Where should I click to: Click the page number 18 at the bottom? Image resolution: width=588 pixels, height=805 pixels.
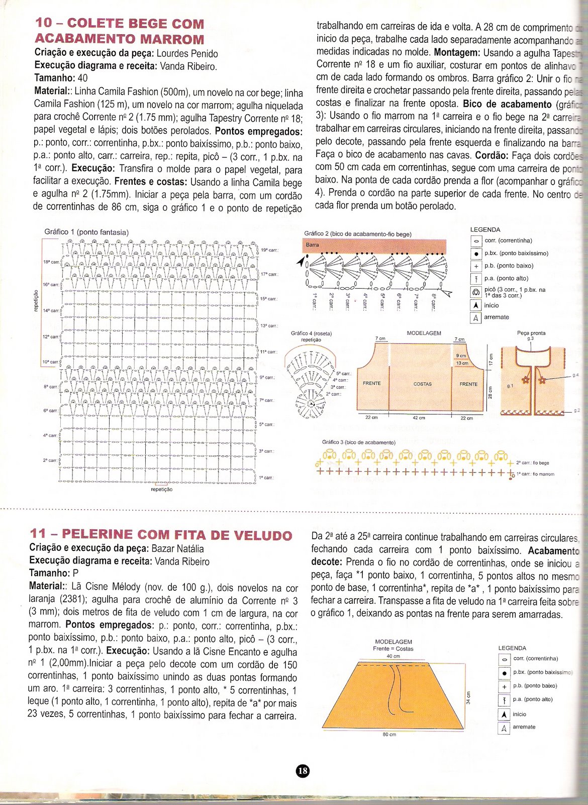[x=303, y=770]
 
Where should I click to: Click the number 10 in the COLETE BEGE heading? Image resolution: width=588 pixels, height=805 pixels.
[x=44, y=23]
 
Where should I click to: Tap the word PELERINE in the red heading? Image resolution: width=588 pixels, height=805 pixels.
[x=97, y=534]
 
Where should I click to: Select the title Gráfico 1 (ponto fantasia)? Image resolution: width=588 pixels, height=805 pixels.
[x=86, y=232]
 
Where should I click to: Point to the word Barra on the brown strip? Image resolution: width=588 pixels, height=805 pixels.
[x=313, y=245]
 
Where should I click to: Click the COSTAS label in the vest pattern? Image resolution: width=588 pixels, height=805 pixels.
[x=423, y=384]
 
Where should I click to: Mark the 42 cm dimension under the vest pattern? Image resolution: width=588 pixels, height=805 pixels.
[x=419, y=418]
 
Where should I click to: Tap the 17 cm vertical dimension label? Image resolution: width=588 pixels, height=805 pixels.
[x=491, y=360]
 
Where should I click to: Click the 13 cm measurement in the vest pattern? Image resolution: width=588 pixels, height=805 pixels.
[x=461, y=363]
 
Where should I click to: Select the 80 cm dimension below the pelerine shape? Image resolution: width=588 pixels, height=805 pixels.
[x=389, y=735]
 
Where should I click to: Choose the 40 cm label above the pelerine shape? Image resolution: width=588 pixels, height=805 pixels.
[x=393, y=656]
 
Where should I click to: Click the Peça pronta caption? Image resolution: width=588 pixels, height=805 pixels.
[x=531, y=333]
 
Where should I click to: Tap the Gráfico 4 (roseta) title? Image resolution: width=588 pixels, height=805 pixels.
[x=311, y=333]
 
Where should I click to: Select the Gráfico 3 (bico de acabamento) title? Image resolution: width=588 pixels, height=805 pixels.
[x=359, y=442]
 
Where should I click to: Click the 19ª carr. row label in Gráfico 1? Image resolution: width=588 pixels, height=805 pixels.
[x=269, y=250]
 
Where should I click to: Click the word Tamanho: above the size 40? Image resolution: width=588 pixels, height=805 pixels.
[x=54, y=78]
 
